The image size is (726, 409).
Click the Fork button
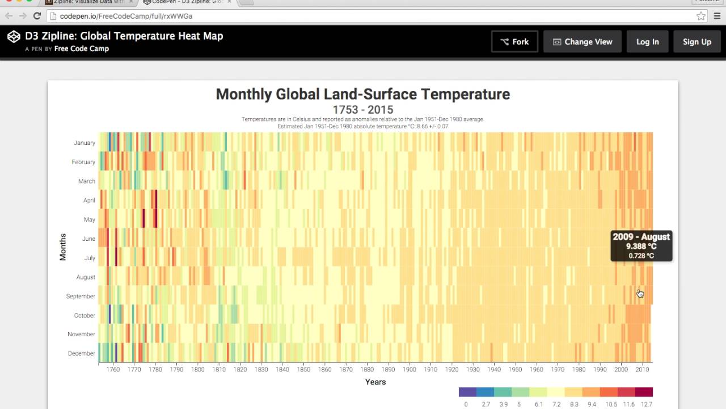point(514,41)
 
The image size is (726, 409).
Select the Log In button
point(647,41)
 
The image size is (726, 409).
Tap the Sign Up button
point(697,41)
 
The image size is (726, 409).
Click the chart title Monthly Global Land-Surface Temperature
point(362,94)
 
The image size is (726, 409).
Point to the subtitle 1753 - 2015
point(362,110)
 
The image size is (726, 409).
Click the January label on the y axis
point(85,143)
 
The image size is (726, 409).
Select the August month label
point(86,277)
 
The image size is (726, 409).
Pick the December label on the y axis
point(82,353)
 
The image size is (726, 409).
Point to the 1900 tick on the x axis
point(410,369)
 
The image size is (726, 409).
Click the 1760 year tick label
point(113,369)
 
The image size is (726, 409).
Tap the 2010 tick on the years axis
point(642,369)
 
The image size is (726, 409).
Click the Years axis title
point(375,382)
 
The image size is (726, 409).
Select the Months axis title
point(63,247)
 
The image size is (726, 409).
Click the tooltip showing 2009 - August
point(641,245)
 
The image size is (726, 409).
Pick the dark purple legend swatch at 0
point(467,392)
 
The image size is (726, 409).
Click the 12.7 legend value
point(647,404)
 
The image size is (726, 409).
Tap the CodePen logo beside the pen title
point(14,37)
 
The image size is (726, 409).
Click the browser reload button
point(37,16)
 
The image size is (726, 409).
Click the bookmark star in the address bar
point(701,16)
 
